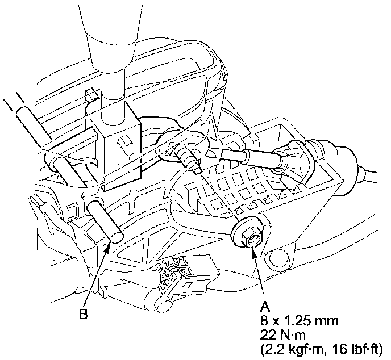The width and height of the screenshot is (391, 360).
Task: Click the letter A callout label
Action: [x=264, y=305]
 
